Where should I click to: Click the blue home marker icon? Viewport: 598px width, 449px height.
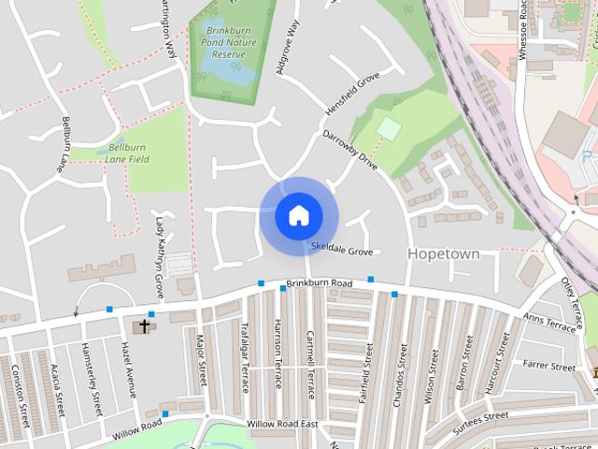point(298,216)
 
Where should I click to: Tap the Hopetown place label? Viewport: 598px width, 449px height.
point(444,254)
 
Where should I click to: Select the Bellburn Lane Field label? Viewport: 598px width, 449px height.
point(128,154)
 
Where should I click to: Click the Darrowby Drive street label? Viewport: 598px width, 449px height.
point(349,151)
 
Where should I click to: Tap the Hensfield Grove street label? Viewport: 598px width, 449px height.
point(353,94)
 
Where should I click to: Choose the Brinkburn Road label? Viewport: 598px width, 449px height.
point(319,282)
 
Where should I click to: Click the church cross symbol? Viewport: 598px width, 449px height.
point(143,326)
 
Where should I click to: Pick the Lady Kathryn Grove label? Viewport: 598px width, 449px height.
point(160,258)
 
